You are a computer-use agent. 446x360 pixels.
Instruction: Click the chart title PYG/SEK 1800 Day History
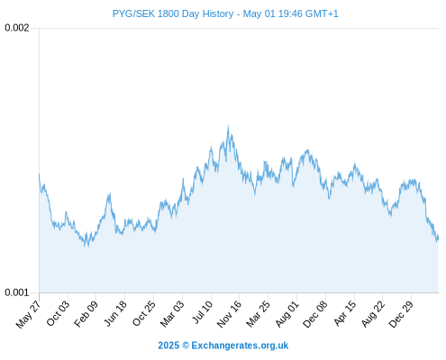(173, 13)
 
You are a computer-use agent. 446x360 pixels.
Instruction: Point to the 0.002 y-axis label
(17, 28)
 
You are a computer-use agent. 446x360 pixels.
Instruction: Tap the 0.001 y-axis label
(17, 292)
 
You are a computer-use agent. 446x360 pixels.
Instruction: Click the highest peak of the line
(228, 126)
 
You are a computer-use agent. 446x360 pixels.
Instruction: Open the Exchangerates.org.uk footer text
(240, 346)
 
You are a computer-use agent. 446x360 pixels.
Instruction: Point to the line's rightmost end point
(438, 237)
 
